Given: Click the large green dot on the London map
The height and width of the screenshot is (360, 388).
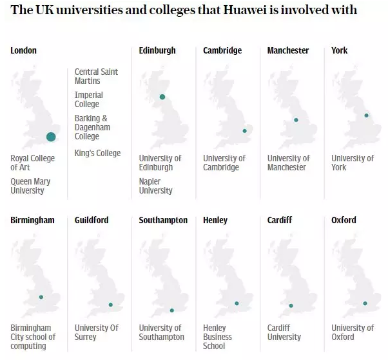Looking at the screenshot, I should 51,136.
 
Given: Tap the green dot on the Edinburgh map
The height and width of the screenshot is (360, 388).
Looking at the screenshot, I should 162,97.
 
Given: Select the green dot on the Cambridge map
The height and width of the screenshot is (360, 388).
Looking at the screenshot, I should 244,131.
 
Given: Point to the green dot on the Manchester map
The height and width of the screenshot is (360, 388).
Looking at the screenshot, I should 296,119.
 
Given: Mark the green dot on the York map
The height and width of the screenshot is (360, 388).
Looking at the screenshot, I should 366,115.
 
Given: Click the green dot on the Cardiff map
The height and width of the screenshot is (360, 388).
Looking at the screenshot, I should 291,306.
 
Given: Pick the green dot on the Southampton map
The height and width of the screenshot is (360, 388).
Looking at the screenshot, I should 171,310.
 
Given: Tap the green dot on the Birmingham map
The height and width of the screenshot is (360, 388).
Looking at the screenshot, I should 41,297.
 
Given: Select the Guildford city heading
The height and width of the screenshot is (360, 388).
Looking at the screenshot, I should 92,220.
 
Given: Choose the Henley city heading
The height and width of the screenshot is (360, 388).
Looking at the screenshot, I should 215,220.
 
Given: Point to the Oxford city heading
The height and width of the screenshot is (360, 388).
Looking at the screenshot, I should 344,220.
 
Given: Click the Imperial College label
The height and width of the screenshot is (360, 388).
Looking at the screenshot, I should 88,99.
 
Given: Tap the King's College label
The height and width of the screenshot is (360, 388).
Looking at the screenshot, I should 97,153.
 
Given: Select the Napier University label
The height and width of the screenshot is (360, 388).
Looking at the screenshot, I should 155,186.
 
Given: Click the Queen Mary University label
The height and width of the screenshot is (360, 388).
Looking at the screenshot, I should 30,186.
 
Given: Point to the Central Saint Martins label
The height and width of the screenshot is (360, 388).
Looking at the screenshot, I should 96,76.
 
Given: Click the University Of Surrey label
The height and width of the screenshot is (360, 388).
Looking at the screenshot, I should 97,332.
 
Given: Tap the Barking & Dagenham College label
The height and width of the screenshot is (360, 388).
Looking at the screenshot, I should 92,127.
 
